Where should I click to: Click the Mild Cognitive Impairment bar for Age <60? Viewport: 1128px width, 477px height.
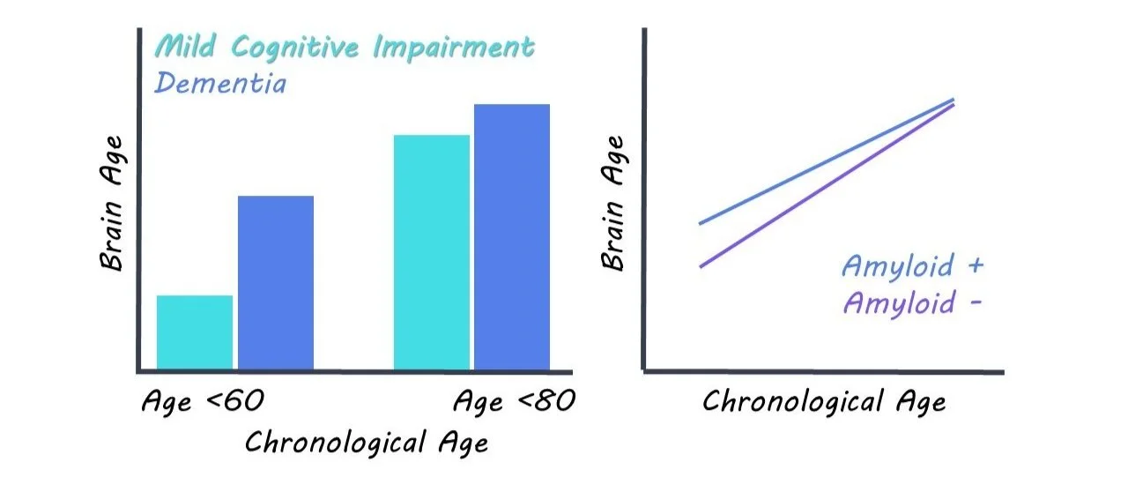tap(195, 332)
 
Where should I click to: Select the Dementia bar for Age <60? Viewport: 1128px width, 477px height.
tap(276, 282)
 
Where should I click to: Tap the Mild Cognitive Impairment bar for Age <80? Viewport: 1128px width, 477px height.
tap(431, 252)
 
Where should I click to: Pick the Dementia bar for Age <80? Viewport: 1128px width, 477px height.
tap(512, 236)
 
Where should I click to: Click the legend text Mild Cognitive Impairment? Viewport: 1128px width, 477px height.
tap(345, 48)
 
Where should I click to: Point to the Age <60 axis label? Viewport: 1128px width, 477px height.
tap(203, 402)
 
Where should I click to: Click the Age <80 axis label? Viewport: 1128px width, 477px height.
tap(514, 402)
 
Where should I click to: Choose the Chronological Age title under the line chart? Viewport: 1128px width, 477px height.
tap(824, 402)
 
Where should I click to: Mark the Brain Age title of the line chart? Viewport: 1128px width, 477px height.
tap(613, 202)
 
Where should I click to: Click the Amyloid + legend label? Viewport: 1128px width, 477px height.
tap(913, 265)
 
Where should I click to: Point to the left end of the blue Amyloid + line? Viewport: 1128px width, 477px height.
tap(701, 223)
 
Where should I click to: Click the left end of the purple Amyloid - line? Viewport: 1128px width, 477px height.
tap(701, 266)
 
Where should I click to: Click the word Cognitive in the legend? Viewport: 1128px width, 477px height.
tap(303, 48)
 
